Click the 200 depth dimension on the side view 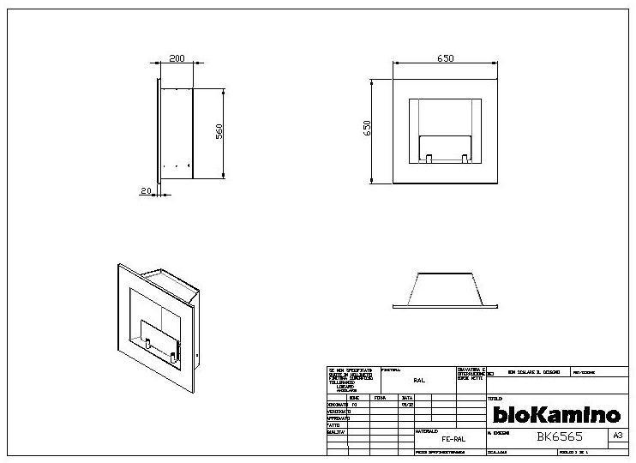point(176,59)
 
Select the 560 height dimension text point(219,133)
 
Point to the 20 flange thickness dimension point(146,191)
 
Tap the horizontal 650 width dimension point(445,59)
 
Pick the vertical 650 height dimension point(367,128)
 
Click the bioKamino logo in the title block point(555,415)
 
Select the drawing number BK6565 point(561,436)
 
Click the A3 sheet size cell point(617,436)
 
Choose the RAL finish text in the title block point(418,378)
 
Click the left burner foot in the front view point(426,158)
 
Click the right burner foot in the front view point(465,158)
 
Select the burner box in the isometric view point(160,340)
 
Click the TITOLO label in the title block point(495,399)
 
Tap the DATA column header point(407,398)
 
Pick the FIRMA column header point(380,398)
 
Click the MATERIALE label point(427,430)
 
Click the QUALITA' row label point(336,432)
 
